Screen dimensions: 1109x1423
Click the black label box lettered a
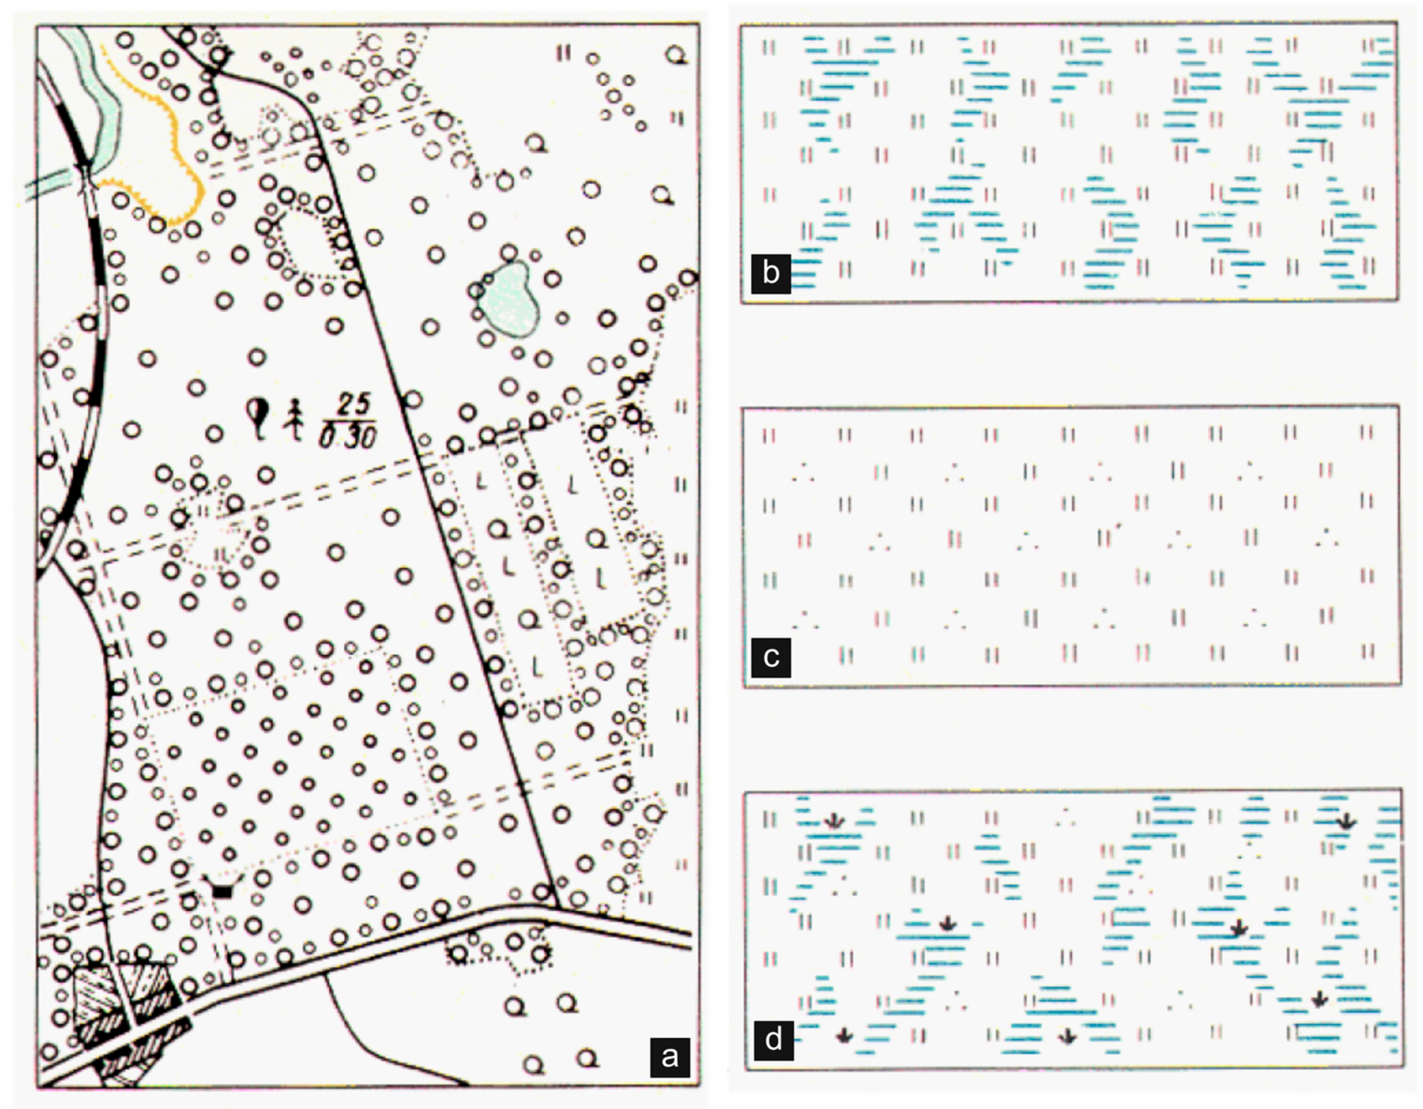pyautogui.click(x=669, y=1056)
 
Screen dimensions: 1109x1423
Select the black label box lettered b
pyautogui.click(x=771, y=274)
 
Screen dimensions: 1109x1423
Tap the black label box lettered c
pyautogui.click(x=771, y=658)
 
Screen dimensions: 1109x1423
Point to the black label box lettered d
pyautogui.click(x=773, y=1040)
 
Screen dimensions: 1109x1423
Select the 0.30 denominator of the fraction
pyautogui.click(x=347, y=437)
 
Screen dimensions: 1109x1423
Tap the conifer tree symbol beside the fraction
pyautogui.click(x=295, y=418)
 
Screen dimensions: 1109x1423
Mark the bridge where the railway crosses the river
pyautogui.click(x=87, y=170)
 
